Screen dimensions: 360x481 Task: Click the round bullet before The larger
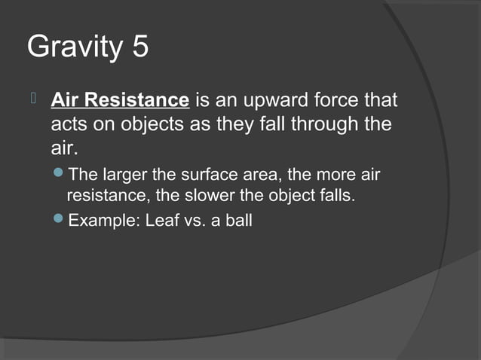60,175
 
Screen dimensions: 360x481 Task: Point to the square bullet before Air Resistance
33,99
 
